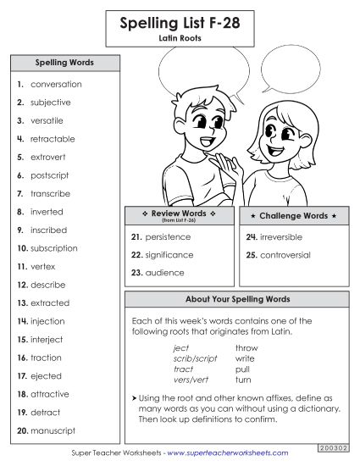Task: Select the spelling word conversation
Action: [56, 85]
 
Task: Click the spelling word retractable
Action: [53, 139]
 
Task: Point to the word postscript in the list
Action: [49, 175]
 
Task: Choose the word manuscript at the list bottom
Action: [53, 431]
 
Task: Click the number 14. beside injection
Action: [22, 322]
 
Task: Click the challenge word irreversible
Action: [284, 237]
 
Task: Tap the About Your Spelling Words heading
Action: [237, 300]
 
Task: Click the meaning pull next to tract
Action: [243, 369]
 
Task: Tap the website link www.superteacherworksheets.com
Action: [227, 453]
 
